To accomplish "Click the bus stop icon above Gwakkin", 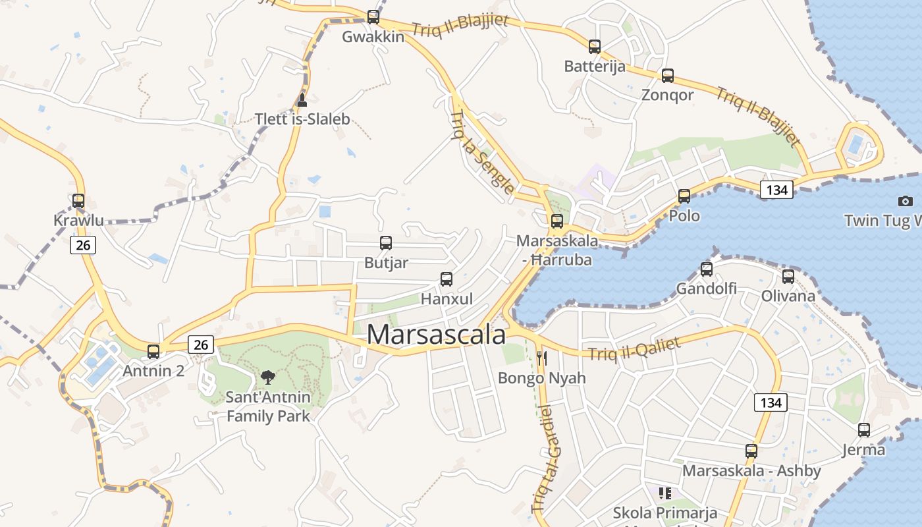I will pos(373,17).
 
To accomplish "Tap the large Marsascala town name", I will pos(436,335).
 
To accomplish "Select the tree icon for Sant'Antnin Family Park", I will pos(267,377).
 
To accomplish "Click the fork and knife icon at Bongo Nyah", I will pos(542,358).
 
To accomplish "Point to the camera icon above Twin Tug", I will pos(906,201).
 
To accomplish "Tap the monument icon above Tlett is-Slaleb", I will pos(302,100).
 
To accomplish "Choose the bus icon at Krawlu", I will pos(78,201).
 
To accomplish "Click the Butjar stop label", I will pos(386,263).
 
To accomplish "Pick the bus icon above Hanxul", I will pos(447,279).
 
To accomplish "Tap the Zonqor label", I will pos(667,95).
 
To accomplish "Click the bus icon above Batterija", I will pos(595,47).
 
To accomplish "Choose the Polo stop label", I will pos(684,216).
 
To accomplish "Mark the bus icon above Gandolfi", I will pos(707,269).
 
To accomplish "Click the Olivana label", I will pos(788,296).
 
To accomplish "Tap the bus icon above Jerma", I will pos(864,430).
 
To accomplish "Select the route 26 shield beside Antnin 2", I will pos(201,344).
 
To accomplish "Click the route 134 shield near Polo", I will pos(776,190).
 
